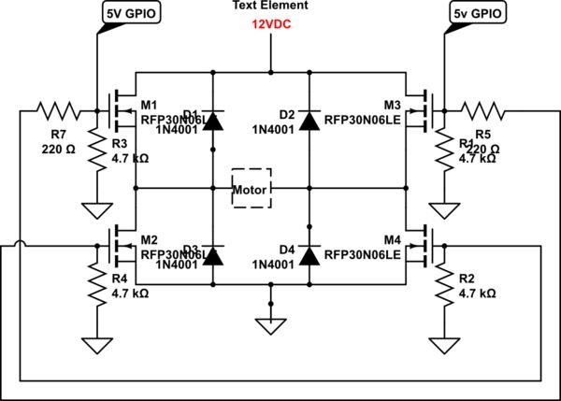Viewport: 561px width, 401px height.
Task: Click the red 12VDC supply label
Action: pos(270,25)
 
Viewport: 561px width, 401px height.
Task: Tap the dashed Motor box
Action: pos(252,190)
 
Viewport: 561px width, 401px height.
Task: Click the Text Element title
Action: pos(270,7)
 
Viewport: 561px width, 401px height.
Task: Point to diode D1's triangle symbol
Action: pos(214,120)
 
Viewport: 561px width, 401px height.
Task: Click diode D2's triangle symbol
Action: pos(309,120)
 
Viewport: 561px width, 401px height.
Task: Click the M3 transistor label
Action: pos(392,104)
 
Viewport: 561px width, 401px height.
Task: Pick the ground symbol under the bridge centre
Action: pos(270,325)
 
